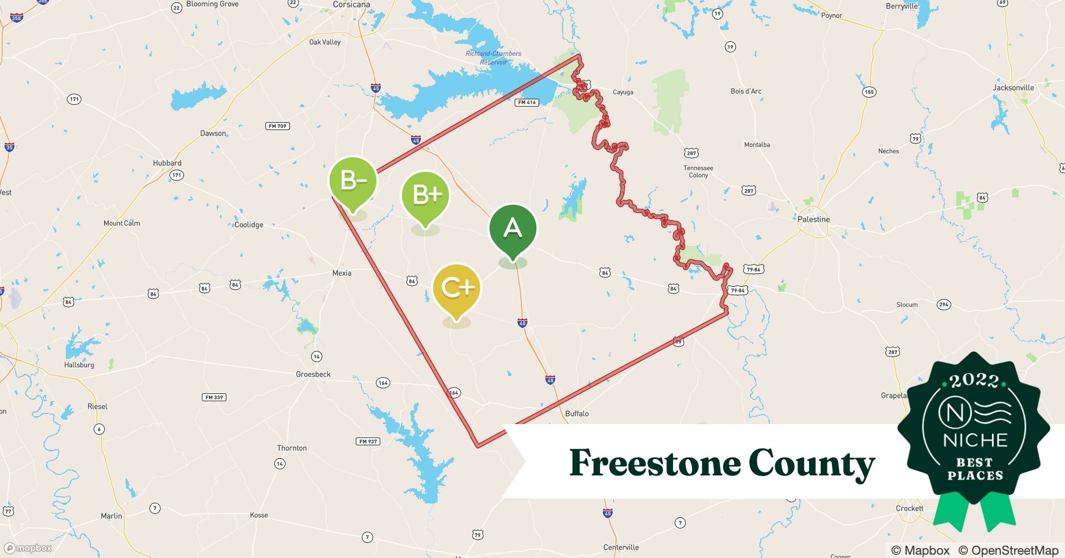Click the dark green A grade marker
(512, 229)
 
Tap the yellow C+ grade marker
(457, 288)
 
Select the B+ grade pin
(425, 195)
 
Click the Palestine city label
(814, 219)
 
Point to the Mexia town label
(342, 273)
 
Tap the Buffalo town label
(577, 413)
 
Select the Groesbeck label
(313, 374)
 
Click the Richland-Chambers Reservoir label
(493, 58)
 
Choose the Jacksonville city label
(1013, 88)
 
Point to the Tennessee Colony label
(698, 171)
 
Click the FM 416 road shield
(527, 102)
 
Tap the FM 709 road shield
(278, 126)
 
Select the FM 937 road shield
(367, 441)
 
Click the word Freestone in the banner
(653, 463)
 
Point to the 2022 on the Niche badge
(974, 381)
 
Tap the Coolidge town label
(249, 225)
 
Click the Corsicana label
(351, 4)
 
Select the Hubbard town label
(167, 163)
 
